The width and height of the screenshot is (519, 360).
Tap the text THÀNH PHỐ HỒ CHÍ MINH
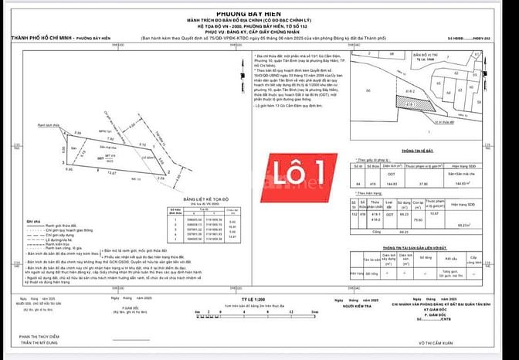[42, 36]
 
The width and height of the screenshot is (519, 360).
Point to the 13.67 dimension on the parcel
[113, 173]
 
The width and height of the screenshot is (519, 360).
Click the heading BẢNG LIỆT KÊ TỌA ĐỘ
[204, 199]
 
